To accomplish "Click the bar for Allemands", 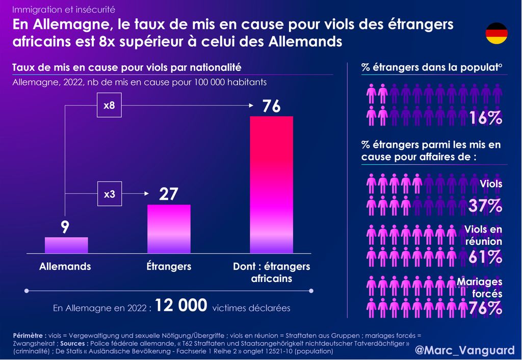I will click(x=66, y=245).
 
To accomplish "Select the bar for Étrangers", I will click(x=169, y=229).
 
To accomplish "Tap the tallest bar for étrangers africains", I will click(x=271, y=185).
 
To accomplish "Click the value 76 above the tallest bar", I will click(x=272, y=107).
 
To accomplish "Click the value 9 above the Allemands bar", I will click(x=65, y=227).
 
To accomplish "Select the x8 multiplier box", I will click(x=109, y=107).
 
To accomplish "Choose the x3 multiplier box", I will click(x=109, y=194).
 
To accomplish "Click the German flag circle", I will click(x=496, y=34).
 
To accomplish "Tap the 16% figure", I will click(x=486, y=118).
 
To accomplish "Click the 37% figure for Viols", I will click(x=486, y=206).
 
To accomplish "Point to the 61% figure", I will click(x=486, y=258).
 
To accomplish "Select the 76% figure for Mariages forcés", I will click(x=486, y=308).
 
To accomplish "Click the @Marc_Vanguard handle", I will click(x=464, y=350).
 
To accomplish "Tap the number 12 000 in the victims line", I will click(x=181, y=306).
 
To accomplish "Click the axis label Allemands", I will click(x=65, y=266).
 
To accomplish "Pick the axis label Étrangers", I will click(x=168, y=266).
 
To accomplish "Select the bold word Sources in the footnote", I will click(x=76, y=344).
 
